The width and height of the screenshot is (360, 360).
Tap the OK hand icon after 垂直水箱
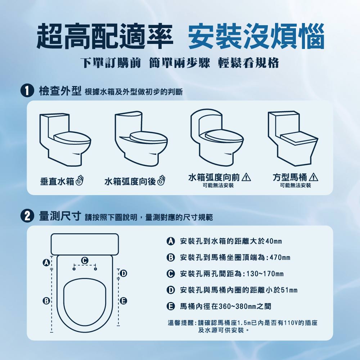coord(80,181)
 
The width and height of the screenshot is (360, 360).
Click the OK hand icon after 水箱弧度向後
coord(161,181)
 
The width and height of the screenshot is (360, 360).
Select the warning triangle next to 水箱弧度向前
coord(247,177)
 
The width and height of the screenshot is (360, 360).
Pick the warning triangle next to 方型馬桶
coord(314,177)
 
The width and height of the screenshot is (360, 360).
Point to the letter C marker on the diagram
coord(85,260)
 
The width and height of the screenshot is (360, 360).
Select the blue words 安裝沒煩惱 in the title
coord(256,37)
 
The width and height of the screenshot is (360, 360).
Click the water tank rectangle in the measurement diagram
coord(85,244)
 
